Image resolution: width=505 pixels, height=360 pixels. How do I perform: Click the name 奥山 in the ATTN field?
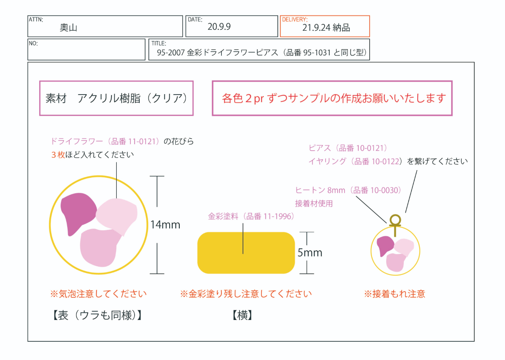tap(68, 27)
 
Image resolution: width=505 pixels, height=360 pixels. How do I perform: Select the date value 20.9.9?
tap(219, 27)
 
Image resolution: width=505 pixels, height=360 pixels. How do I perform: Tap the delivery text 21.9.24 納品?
tap(326, 27)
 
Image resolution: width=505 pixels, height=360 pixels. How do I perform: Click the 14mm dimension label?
tap(165, 225)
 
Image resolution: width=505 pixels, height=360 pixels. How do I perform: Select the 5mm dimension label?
tap(310, 253)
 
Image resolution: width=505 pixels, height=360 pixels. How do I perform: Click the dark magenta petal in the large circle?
tap(79, 212)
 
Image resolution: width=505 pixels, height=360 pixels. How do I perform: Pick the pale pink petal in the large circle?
tap(117, 214)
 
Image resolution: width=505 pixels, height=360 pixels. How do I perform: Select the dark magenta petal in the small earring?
tap(385, 245)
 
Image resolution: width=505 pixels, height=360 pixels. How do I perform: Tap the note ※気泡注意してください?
tap(98, 294)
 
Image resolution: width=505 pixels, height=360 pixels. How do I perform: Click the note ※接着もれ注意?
tap(394, 294)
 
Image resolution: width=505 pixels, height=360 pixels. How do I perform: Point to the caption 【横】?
tap(243, 315)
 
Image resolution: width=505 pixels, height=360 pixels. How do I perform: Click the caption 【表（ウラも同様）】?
tap(97, 315)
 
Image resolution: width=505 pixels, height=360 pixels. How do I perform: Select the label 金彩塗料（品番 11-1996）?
tap(251, 217)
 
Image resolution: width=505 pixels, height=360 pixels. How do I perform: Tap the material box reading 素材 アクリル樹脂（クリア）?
tap(116, 98)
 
